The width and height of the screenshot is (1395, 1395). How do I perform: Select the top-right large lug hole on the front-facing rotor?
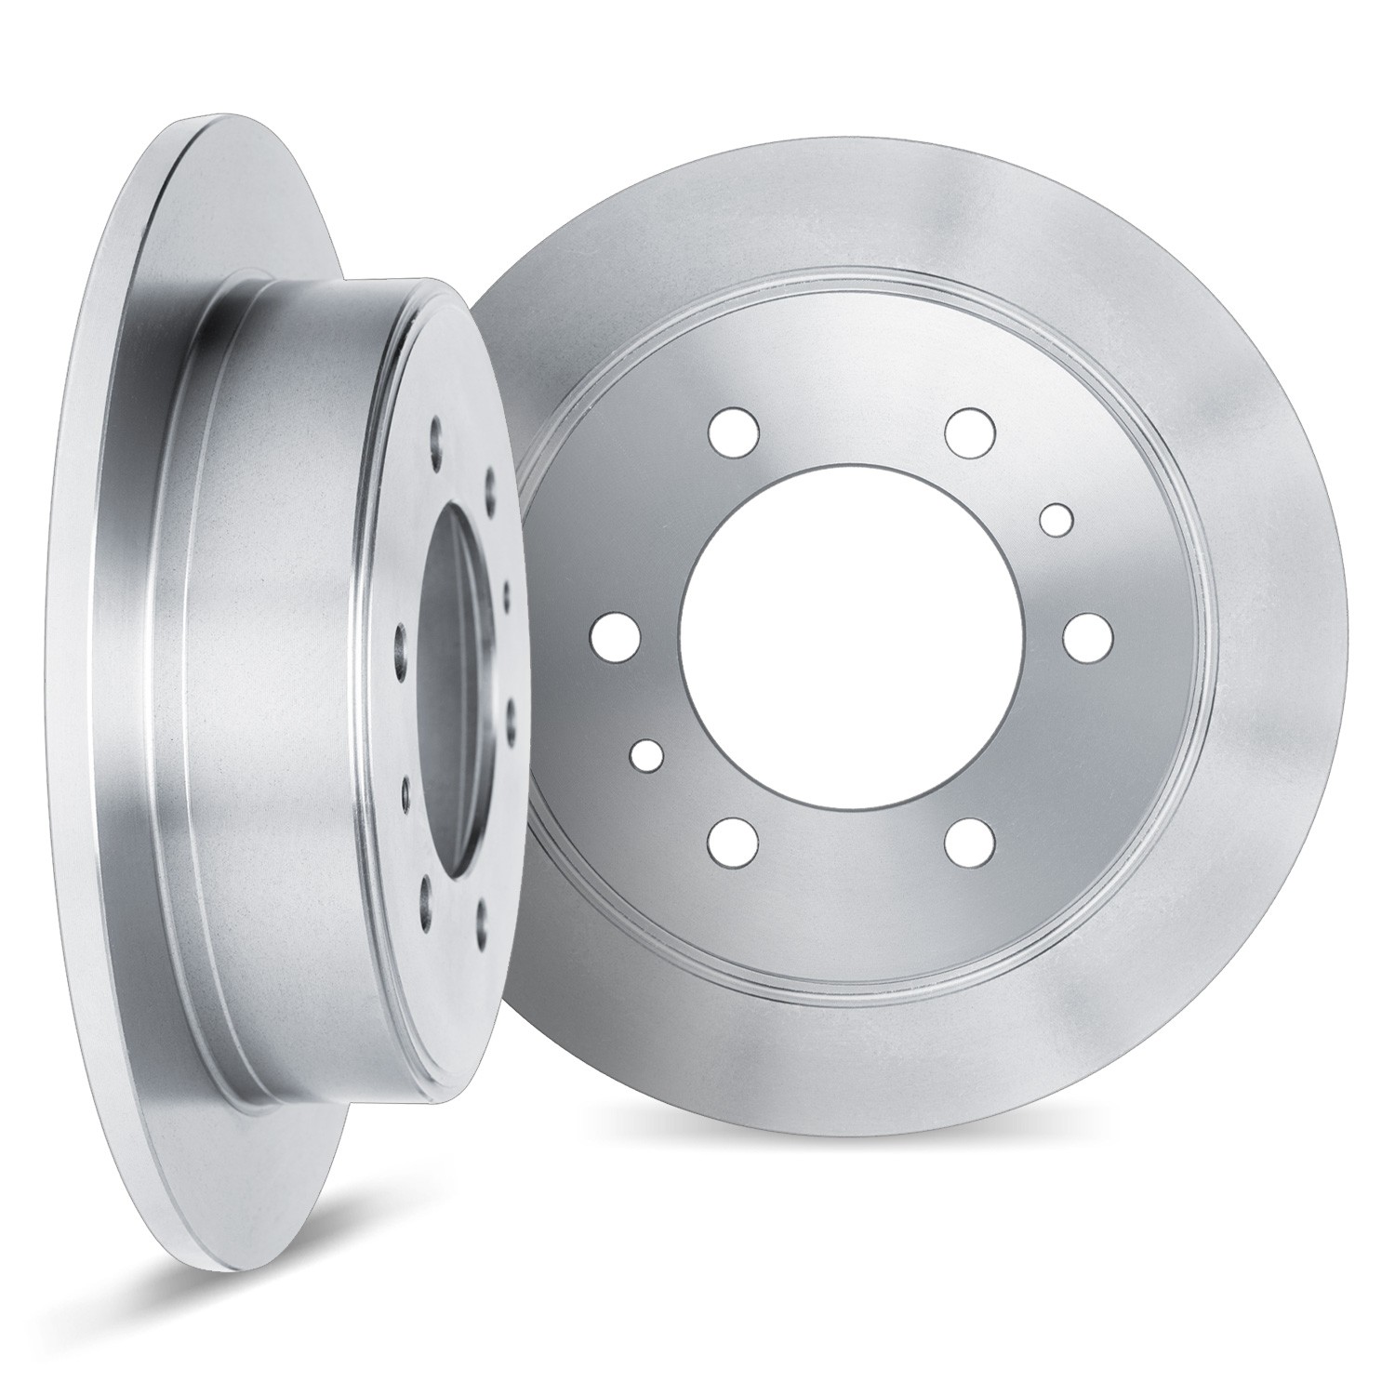tap(970, 429)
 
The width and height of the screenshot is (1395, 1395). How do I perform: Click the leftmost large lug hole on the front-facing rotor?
tap(615, 638)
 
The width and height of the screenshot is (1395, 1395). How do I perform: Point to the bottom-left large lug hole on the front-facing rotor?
tap(731, 844)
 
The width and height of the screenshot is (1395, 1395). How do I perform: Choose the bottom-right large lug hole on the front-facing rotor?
tap(968, 843)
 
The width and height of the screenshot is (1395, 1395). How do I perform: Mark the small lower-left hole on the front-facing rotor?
tap(646, 754)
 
